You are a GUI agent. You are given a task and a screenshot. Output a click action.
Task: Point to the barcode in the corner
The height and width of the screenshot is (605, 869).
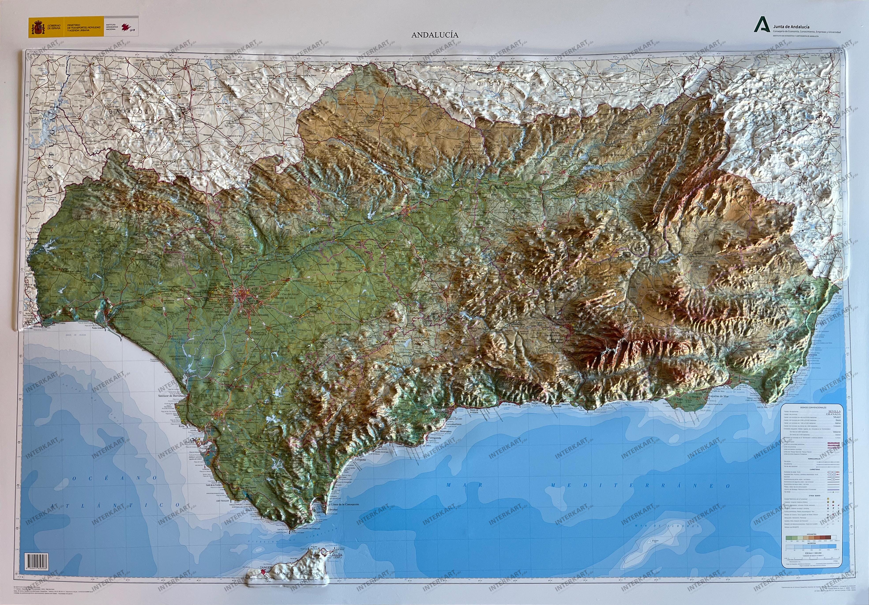[x=36, y=560]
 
